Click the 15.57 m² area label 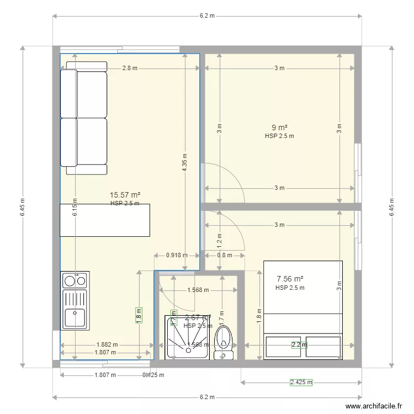125,195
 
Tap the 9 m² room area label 279,127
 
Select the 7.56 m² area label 290,279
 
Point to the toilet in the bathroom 224,343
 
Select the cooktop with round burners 75,281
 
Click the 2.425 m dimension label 301,382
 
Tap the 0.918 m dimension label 177,255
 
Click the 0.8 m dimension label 224,255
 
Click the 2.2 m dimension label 299,345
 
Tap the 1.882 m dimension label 107,344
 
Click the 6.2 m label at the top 207,16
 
